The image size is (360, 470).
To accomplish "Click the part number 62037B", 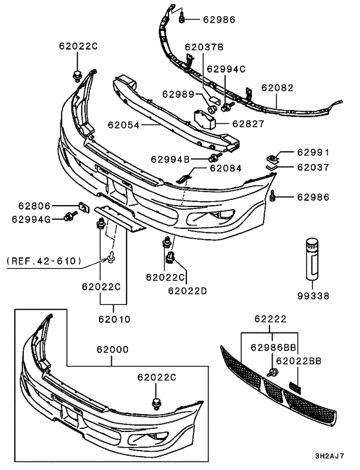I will [x=204, y=47].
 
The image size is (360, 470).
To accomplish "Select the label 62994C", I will [x=226, y=68].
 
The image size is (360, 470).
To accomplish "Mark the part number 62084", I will [x=225, y=168].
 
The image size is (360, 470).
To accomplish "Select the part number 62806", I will [x=34, y=206].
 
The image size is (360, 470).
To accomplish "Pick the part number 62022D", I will [x=188, y=290].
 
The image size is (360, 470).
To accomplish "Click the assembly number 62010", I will [x=114, y=318].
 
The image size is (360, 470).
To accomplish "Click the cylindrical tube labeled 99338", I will [x=312, y=257].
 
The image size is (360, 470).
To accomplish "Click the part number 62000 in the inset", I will [x=113, y=349].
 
